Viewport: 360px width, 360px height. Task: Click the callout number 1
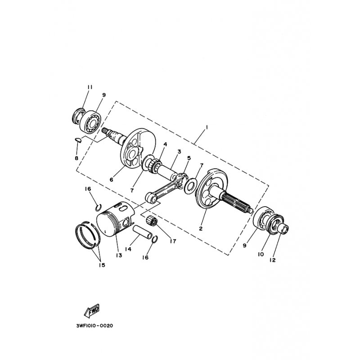coord(206,127)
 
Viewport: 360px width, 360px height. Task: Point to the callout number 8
coord(76,158)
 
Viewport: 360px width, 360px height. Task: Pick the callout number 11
coord(89,86)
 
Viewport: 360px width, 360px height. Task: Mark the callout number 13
coord(119,256)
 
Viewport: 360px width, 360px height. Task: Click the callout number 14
coord(128,249)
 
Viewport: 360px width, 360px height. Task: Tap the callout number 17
coord(172,241)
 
